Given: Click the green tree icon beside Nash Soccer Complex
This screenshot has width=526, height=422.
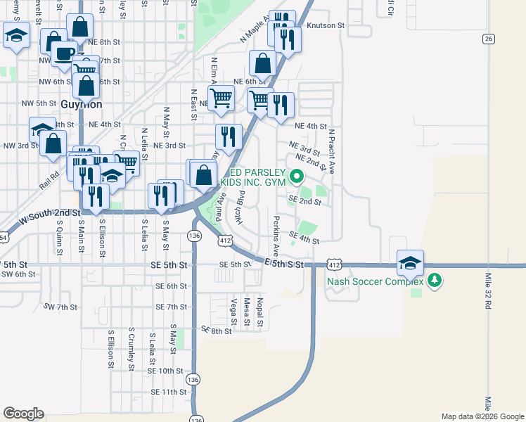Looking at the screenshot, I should [435, 281].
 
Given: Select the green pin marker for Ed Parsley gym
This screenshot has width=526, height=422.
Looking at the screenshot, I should [297, 177].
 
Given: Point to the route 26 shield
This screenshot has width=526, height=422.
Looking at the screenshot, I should [488, 39].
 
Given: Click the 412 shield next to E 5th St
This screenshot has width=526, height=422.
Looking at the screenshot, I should [334, 265].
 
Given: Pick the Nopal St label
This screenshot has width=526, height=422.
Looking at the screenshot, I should [259, 313].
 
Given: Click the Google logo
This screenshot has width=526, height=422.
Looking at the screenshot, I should [23, 413].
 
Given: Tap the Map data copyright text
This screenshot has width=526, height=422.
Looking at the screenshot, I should [482, 416].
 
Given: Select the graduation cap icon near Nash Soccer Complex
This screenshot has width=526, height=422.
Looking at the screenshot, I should [410, 263].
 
